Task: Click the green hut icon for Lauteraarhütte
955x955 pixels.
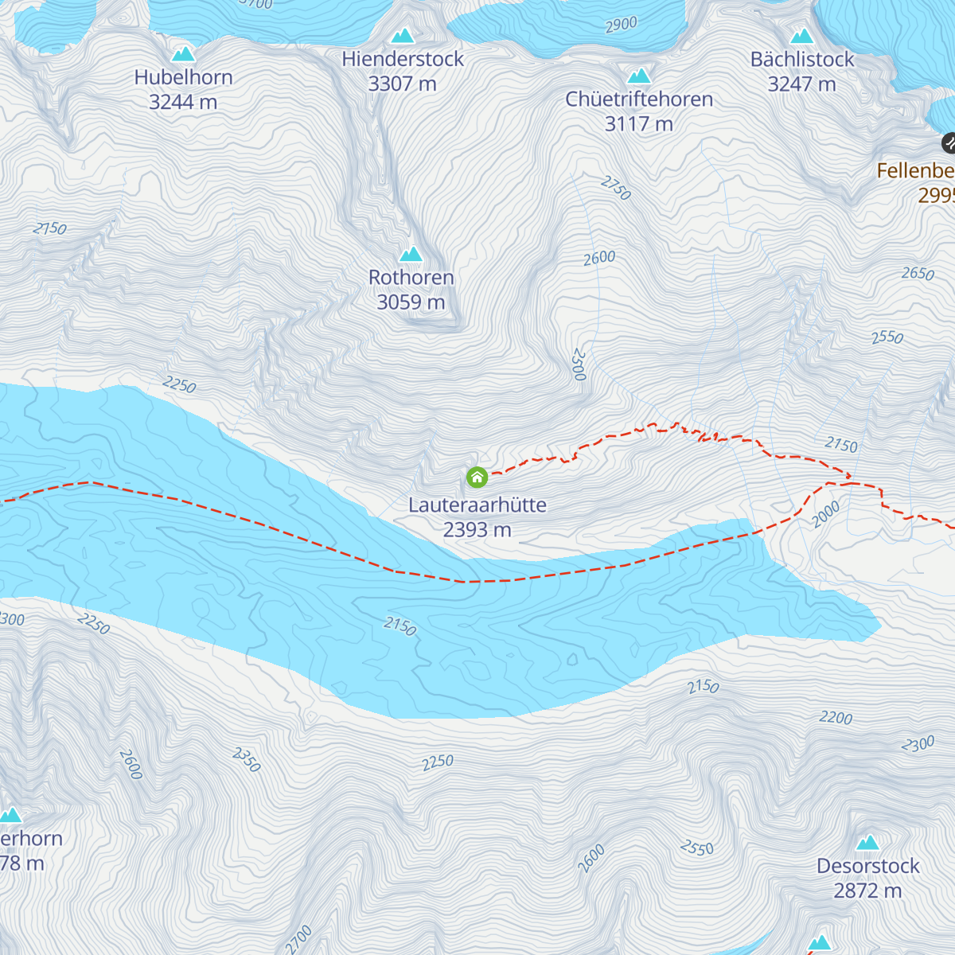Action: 477,477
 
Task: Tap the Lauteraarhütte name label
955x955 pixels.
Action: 477,505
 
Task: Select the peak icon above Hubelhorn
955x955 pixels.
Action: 184,54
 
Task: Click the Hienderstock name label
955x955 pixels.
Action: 403,59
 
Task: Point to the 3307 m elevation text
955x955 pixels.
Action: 403,84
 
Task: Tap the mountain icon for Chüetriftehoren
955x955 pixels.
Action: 639,76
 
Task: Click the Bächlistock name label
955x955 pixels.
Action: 802,60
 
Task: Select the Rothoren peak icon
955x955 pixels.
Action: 411,255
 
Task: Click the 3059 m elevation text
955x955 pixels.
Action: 411,302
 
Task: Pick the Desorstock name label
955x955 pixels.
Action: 867,866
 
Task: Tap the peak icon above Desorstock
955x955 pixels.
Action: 867,843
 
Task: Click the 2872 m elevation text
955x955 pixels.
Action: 867,891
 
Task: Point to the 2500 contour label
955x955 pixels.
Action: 579,365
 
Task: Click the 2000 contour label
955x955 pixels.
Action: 826,515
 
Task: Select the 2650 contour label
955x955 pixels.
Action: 918,274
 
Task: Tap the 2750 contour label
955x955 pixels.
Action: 616,189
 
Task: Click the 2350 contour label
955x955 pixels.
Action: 247,760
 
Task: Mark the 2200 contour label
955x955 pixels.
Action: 836,718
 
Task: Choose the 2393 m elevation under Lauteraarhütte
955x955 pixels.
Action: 477,530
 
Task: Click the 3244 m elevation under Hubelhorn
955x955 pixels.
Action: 183,103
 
